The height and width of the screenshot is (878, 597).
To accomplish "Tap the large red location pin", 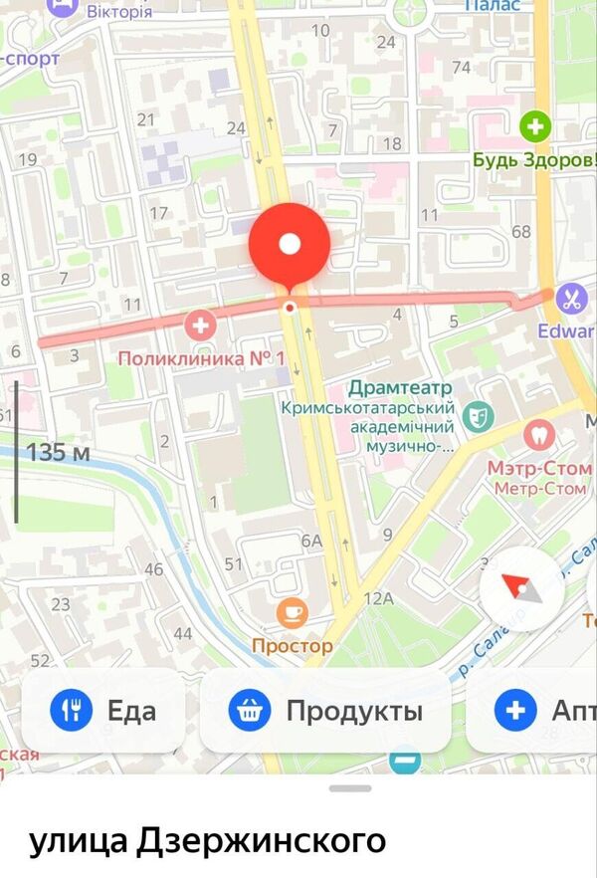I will (289, 244).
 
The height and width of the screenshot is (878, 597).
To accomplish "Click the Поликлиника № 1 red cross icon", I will (201, 324).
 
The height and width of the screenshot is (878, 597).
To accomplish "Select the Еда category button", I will (103, 711).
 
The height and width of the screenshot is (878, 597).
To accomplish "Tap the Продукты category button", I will (325, 711).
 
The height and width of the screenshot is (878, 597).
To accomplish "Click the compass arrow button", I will (522, 589).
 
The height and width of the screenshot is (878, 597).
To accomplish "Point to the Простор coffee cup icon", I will (292, 612).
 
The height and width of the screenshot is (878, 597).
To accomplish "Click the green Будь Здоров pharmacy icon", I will (535, 125).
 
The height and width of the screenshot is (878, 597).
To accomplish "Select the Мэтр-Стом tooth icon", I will (537, 434).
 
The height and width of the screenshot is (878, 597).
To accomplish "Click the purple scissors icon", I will (571, 297).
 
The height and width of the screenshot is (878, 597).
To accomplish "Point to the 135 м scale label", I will (58, 452).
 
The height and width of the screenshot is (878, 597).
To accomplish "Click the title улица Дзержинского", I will (207, 841).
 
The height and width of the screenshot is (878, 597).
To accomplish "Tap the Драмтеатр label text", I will (401, 387).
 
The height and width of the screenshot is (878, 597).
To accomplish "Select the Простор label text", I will (292, 646).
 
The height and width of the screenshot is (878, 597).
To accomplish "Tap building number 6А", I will (312, 541).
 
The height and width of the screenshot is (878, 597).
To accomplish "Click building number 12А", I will (379, 597).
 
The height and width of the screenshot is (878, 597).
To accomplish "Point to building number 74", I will (461, 67).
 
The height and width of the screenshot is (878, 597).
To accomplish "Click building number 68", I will (520, 232).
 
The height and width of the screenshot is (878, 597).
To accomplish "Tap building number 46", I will (153, 569).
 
